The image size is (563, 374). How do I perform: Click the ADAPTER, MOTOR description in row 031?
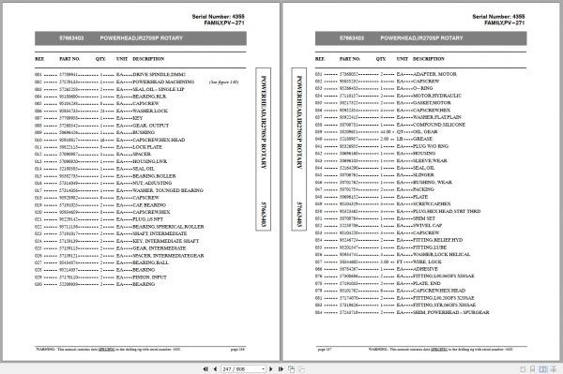click(432, 72)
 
